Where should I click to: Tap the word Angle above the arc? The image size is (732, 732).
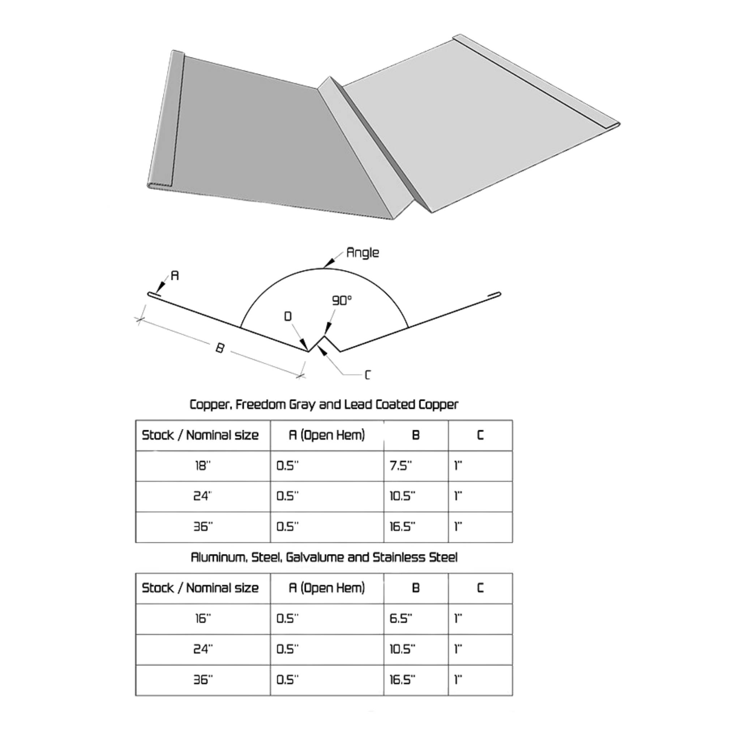click(x=363, y=253)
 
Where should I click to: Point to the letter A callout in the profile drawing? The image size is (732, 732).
click(x=174, y=275)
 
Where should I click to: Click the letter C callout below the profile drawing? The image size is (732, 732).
click(x=367, y=375)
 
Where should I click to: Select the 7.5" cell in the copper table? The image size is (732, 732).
click(x=401, y=466)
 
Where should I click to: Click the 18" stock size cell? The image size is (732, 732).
click(x=202, y=466)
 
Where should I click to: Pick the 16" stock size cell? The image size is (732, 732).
click(x=202, y=619)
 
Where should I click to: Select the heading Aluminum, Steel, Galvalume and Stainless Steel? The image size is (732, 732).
click(x=324, y=557)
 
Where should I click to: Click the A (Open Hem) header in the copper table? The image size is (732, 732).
click(x=326, y=435)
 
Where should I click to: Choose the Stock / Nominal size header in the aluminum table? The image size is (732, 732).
click(x=200, y=588)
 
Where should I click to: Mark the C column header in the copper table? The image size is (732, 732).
click(x=480, y=435)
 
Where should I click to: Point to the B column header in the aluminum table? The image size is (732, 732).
click(x=416, y=588)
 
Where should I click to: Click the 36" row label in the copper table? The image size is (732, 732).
click(x=202, y=527)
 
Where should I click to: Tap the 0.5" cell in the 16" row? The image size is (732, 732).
click(x=287, y=619)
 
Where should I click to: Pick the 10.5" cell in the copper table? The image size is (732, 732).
click(x=401, y=496)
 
